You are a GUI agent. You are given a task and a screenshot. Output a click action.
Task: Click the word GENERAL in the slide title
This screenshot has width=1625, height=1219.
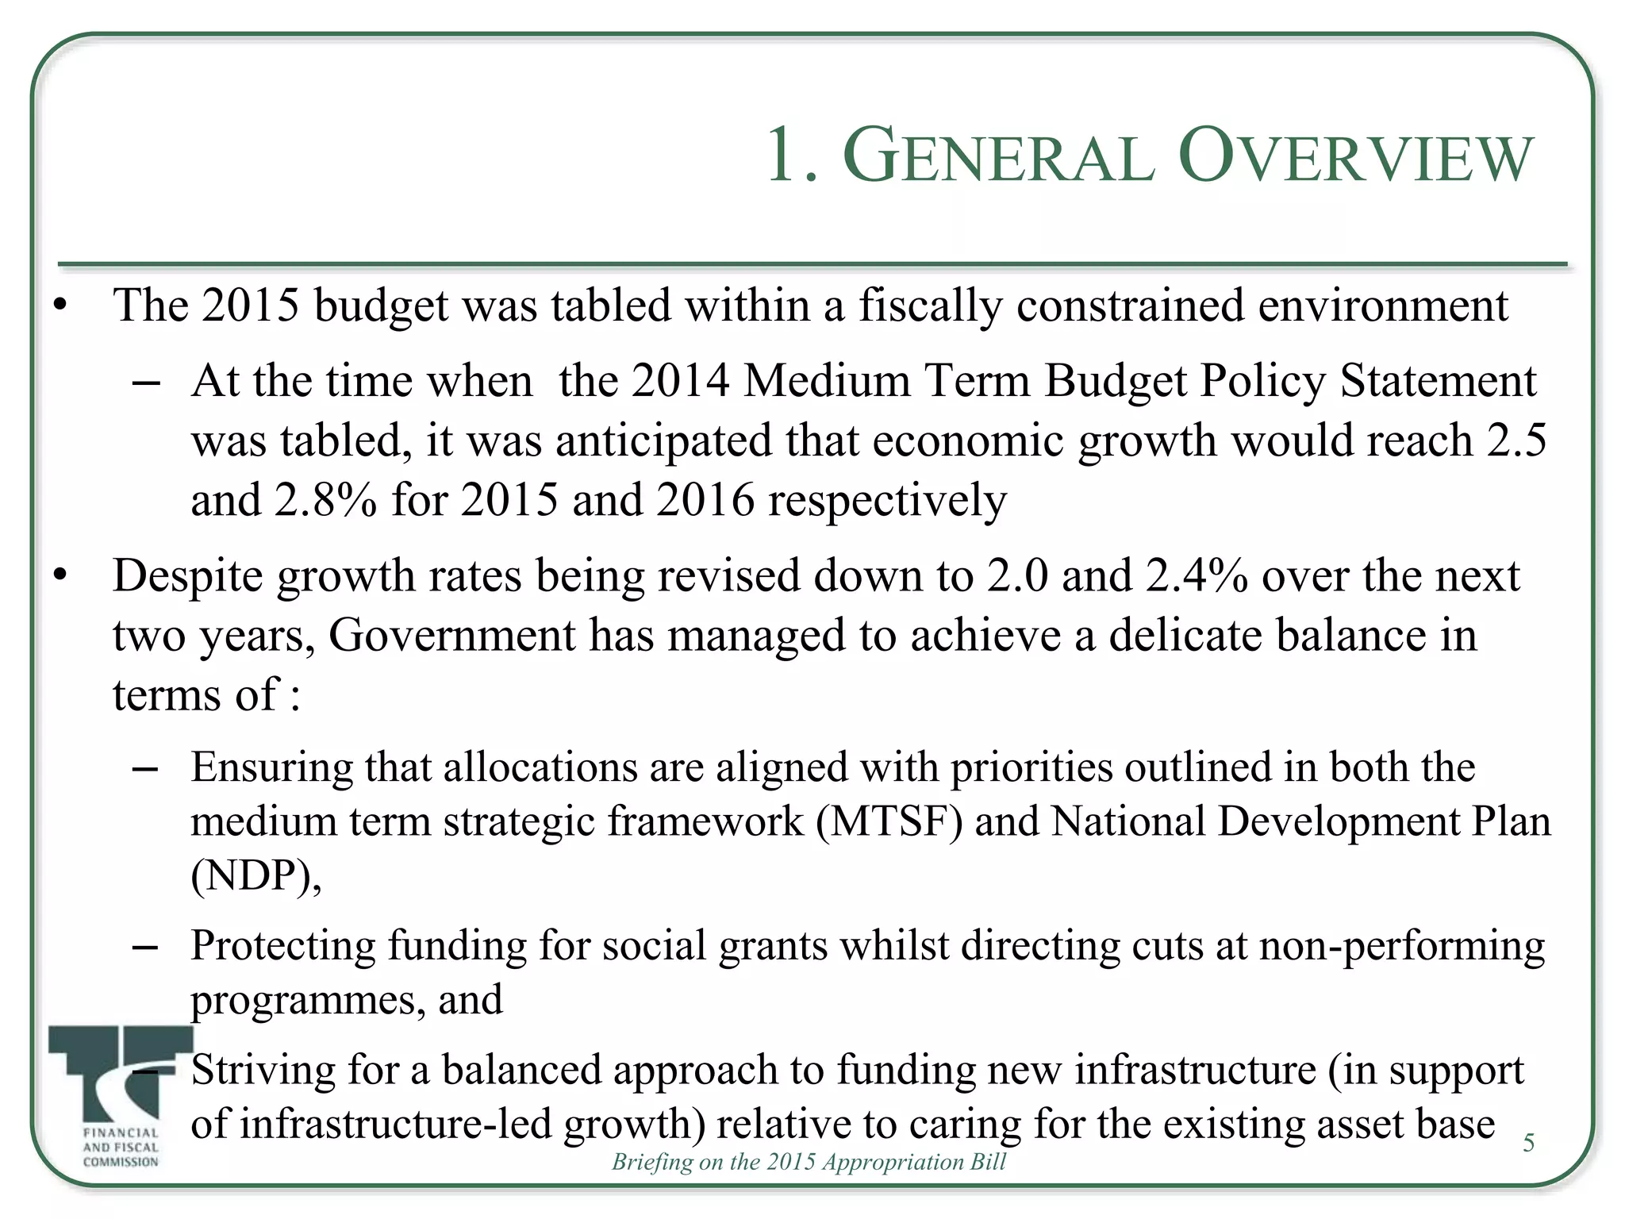click(x=997, y=157)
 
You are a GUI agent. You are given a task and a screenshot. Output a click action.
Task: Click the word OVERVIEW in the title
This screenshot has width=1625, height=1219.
click(x=1355, y=157)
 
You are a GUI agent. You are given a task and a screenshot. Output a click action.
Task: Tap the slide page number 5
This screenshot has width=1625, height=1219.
click(x=1528, y=1143)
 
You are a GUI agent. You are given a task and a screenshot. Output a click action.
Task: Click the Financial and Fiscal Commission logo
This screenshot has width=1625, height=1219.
click(x=121, y=1096)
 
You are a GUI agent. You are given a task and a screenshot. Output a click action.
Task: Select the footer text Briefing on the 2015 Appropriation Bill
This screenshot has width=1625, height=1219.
click(x=809, y=1162)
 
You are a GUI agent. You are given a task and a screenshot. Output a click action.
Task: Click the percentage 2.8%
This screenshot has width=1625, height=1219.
click(x=325, y=500)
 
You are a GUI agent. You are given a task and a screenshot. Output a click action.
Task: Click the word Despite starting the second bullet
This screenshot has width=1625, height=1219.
click(x=187, y=577)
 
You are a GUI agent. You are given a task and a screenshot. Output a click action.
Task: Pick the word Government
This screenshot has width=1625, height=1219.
click(x=451, y=636)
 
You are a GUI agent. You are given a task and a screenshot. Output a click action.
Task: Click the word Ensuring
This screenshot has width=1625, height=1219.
click(x=272, y=768)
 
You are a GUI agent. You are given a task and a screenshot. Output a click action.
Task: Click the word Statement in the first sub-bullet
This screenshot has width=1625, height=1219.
click(x=1438, y=381)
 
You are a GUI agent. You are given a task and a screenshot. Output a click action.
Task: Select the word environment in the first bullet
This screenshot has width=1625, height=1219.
click(x=1382, y=306)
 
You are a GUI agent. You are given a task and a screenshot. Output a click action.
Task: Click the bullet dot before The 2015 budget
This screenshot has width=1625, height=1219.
click(x=60, y=306)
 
